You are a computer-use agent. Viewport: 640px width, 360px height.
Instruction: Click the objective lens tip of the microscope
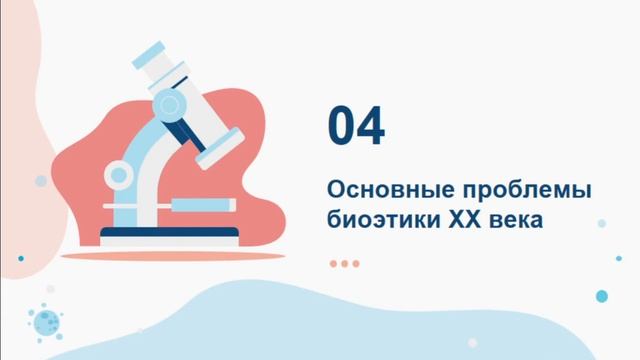(x=216, y=157)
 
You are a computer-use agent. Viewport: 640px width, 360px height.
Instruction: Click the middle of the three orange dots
(x=345, y=263)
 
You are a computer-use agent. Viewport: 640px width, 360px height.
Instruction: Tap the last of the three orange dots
(x=355, y=263)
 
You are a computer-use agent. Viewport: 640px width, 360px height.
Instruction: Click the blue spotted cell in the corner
(x=45, y=320)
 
